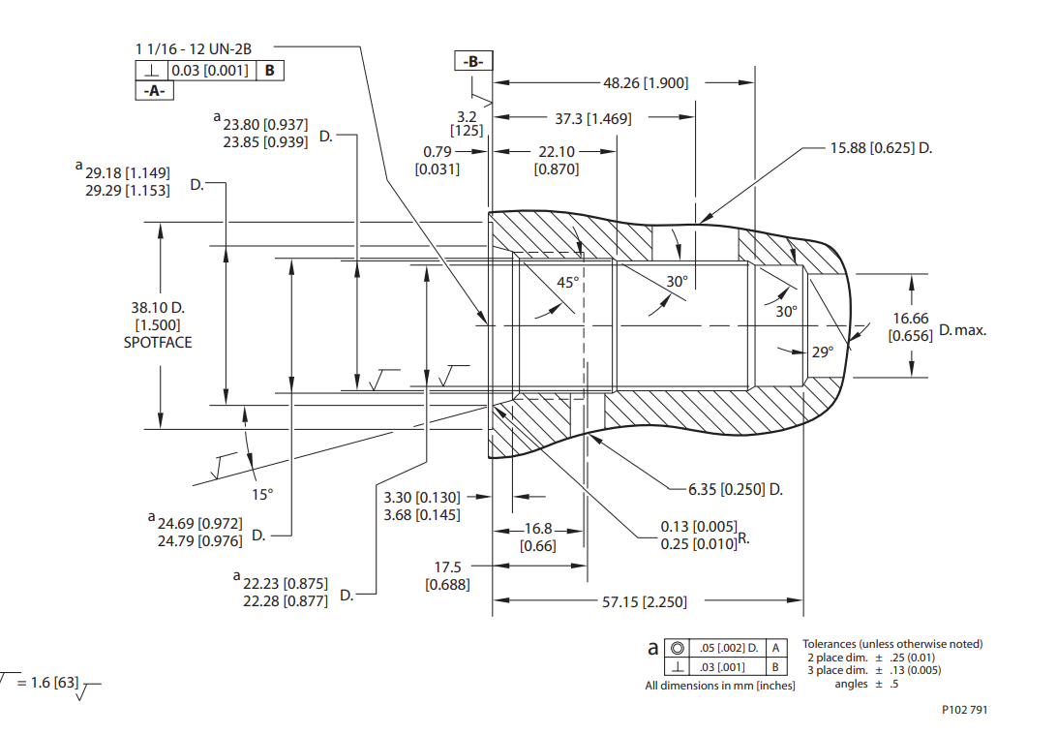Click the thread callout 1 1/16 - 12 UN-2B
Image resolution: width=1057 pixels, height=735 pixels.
[x=194, y=49]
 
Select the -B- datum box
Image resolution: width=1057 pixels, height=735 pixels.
[x=473, y=61]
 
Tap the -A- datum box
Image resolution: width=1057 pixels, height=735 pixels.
[x=154, y=90]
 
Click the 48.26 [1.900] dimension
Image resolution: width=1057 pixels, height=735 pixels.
[x=646, y=83]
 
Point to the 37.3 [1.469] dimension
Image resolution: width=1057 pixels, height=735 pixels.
[x=593, y=119]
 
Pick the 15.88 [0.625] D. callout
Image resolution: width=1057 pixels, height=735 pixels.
[x=881, y=147]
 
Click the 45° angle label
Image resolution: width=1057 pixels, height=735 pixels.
[x=567, y=283]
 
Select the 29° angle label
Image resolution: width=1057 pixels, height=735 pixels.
[x=823, y=352]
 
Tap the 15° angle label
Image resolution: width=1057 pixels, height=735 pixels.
[x=262, y=494]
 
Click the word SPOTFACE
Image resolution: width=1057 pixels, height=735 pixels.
[x=158, y=343]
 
